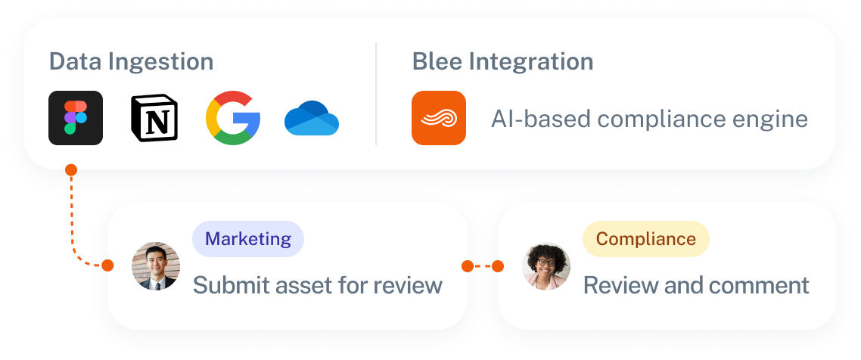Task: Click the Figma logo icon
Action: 76,118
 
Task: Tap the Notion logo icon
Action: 154,118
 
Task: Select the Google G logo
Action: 233,118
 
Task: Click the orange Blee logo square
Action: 439,118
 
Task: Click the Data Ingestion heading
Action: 131,62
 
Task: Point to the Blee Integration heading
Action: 502,62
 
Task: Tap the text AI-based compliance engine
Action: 649,119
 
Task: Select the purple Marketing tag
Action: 248,239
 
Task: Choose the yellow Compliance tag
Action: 645,239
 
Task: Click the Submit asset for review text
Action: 317,285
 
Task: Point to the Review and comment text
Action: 696,285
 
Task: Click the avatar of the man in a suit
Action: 156,266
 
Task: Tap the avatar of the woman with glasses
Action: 546,266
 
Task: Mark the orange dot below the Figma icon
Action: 71,169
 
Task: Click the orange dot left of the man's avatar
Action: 107,266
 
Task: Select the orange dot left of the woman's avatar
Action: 497,266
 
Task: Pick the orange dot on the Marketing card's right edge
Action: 468,266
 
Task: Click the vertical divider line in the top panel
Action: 376,93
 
